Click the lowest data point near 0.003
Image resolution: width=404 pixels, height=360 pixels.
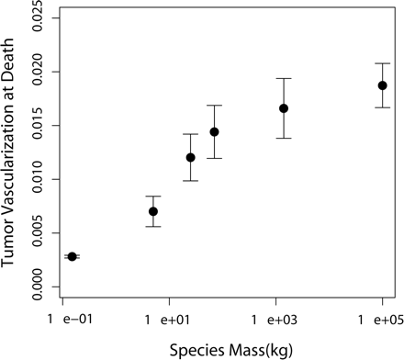pos(72,256)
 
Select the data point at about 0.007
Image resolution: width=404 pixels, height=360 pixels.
pos(153,211)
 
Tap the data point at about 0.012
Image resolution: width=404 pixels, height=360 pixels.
pos(191,157)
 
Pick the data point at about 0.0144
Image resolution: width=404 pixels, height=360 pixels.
pos(214,131)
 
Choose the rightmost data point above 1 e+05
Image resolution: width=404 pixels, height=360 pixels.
pos(382,85)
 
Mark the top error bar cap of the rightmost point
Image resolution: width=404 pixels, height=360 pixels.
pos(382,63)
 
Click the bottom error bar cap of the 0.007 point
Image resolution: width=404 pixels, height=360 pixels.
pos(153,226)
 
